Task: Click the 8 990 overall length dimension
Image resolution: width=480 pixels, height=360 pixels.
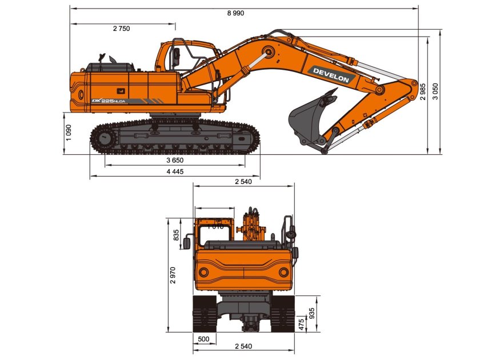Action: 234,13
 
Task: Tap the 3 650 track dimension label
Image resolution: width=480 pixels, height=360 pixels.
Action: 174,161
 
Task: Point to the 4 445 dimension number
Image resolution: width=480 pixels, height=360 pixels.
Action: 175,171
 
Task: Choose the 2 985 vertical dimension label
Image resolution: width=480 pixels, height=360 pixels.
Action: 423,91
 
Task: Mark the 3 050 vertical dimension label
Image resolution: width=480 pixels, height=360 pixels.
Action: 435,91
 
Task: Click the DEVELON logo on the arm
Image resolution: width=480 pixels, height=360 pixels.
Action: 331,75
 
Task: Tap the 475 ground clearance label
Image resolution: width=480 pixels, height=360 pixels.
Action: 301,324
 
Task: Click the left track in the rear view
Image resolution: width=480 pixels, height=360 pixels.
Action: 204,314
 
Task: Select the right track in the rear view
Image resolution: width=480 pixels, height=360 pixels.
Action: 283,314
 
